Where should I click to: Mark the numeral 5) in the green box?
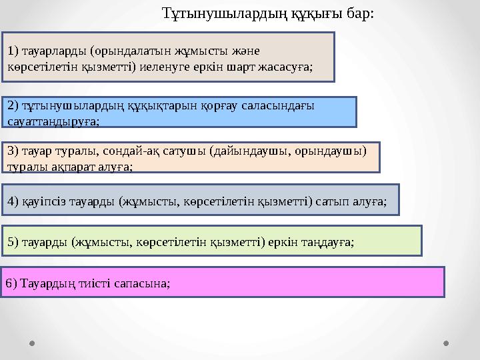(x=13, y=241)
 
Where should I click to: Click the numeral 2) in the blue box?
(x=13, y=105)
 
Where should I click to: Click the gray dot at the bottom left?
(x=32, y=344)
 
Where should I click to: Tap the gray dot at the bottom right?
(x=446, y=344)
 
